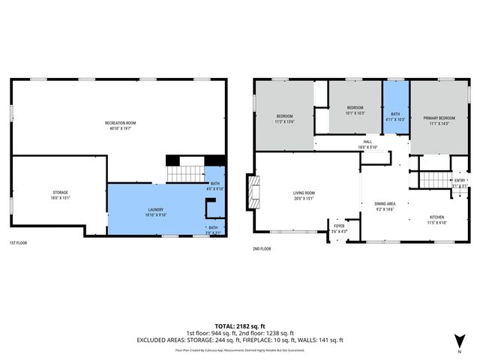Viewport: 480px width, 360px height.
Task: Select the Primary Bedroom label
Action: tap(439, 120)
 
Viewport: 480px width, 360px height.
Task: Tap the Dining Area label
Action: tap(384, 205)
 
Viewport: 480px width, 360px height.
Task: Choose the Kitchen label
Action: tap(436, 217)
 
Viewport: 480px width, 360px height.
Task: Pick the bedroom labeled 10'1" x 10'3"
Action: tap(355, 110)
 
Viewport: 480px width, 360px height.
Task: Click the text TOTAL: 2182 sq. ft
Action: tap(239, 325)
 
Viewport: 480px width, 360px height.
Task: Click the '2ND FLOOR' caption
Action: tap(262, 248)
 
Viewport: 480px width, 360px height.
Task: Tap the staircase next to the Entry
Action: tap(432, 180)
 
